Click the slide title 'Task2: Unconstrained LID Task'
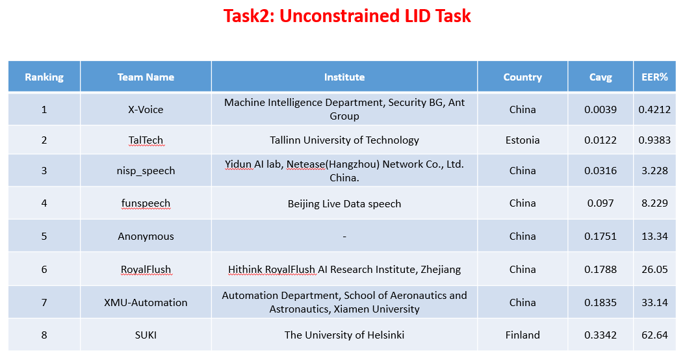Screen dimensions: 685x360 (x=347, y=16)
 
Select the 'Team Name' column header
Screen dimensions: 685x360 (x=146, y=77)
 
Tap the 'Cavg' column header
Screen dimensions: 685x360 (x=601, y=77)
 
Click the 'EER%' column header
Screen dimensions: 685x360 (x=654, y=77)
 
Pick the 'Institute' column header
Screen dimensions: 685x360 (x=344, y=77)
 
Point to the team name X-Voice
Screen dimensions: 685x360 (x=146, y=110)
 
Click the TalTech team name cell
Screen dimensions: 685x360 (x=146, y=140)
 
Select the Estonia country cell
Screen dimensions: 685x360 (x=523, y=140)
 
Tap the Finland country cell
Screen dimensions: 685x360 (x=523, y=335)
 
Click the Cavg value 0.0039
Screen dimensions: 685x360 (x=601, y=110)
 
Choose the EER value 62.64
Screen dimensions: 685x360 (x=654, y=335)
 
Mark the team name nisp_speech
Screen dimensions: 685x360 (x=146, y=171)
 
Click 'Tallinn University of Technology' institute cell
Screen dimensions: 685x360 (x=344, y=140)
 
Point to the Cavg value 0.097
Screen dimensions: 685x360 (x=601, y=203)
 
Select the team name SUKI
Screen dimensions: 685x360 (x=146, y=335)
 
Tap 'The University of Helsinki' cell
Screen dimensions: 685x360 (x=344, y=335)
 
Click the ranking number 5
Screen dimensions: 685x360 (x=44, y=237)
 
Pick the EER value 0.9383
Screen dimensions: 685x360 (x=654, y=140)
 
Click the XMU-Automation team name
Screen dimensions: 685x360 (x=146, y=302)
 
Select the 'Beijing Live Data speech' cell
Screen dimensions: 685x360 (x=344, y=204)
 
